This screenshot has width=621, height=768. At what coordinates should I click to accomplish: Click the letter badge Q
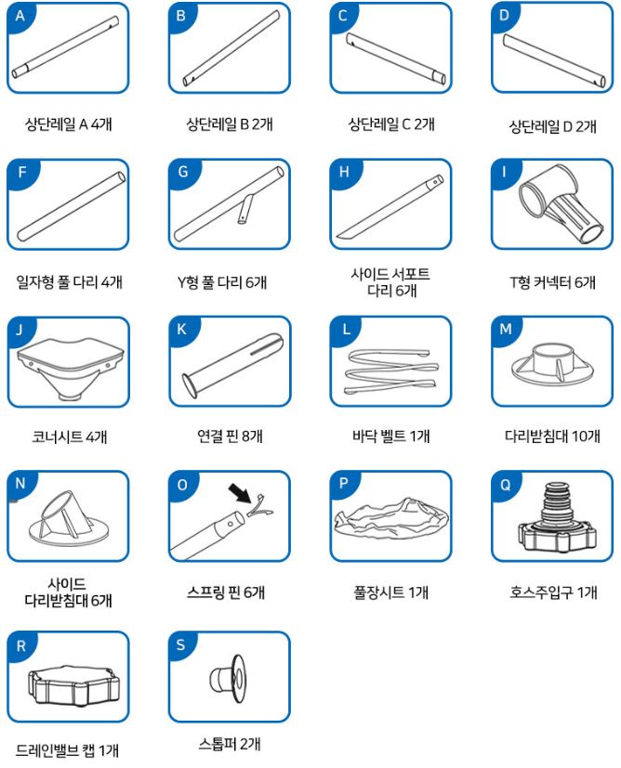pyautogui.click(x=505, y=485)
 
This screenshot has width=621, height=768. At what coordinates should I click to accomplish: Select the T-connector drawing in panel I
pyautogui.click(x=562, y=203)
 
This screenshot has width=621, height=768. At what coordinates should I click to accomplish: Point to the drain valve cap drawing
pyautogui.click(x=73, y=685)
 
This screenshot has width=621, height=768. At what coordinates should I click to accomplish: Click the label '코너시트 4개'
pyautogui.click(x=69, y=436)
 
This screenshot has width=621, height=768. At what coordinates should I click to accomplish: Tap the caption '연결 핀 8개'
pyautogui.click(x=230, y=436)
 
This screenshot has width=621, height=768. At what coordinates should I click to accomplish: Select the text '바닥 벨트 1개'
pyautogui.click(x=390, y=436)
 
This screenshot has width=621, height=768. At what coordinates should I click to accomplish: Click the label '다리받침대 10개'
pyautogui.click(x=552, y=436)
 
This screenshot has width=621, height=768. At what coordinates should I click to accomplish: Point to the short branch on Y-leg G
pyautogui.click(x=245, y=209)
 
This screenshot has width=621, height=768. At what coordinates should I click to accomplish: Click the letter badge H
pyautogui.click(x=344, y=172)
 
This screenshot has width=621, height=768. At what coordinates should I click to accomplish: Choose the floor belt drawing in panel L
pyautogui.click(x=391, y=371)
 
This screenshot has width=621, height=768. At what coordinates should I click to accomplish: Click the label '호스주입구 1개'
pyautogui.click(x=553, y=592)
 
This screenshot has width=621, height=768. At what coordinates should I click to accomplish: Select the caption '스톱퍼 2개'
pyautogui.click(x=230, y=744)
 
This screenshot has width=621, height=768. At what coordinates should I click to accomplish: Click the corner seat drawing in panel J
pyautogui.click(x=70, y=367)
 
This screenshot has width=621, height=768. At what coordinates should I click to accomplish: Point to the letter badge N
pyautogui.click(x=20, y=484)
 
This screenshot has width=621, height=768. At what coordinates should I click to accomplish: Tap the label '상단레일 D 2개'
pyautogui.click(x=553, y=127)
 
